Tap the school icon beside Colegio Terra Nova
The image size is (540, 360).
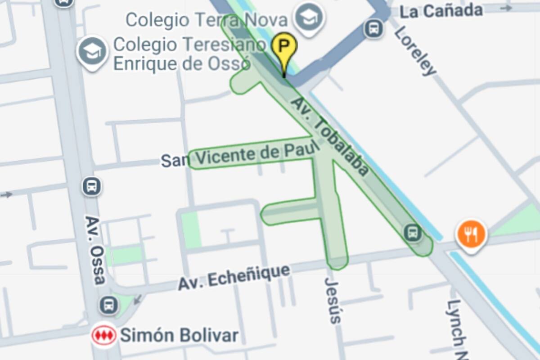coord(309,18)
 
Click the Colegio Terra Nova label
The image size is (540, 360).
coord(207,20)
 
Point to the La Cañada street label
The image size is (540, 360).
coord(441,11)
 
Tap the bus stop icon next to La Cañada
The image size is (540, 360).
coord(373,29)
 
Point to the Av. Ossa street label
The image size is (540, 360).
coord(95,250)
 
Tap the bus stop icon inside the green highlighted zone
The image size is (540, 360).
coord(412,233)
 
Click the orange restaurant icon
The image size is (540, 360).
coord(471,234)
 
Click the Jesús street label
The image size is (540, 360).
coord(333,300)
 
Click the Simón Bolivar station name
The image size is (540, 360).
coord(179,336)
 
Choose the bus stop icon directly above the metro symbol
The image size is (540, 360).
coord(109,305)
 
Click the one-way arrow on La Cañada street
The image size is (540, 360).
coord(506,8)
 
